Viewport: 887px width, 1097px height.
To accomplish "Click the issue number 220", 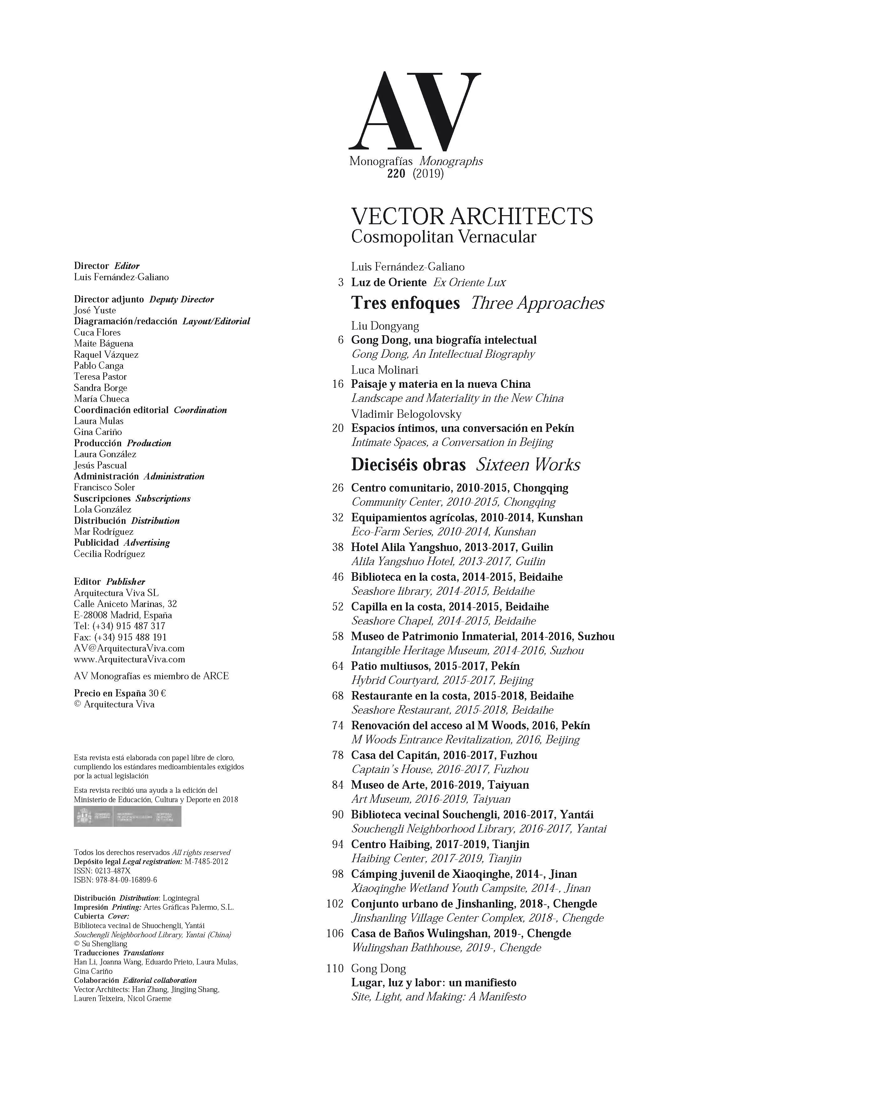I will (x=396, y=174).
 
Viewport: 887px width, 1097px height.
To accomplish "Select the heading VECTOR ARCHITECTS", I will (x=472, y=216).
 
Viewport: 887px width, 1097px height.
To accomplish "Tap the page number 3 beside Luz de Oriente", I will (x=341, y=282).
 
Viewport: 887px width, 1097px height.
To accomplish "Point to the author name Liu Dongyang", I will (x=385, y=326).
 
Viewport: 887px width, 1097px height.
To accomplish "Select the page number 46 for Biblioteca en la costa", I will (x=338, y=577).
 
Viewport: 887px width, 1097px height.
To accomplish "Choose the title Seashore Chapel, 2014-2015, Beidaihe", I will (x=444, y=621).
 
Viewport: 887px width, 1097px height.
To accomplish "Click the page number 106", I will (x=335, y=933).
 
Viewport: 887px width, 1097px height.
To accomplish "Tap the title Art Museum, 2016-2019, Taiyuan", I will (x=431, y=799).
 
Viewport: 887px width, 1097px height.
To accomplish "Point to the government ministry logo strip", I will (x=127, y=816).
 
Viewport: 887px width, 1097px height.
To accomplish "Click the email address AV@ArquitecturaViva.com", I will (x=129, y=648).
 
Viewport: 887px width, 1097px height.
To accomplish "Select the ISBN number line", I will (x=115, y=880).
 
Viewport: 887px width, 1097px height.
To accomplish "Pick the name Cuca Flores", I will (x=97, y=332).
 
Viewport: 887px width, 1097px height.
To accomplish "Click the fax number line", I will (x=120, y=637).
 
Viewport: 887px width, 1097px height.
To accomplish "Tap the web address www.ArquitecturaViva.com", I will (x=129, y=659).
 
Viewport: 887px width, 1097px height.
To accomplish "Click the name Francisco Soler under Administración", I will (x=104, y=487).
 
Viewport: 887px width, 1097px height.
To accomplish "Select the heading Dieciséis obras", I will (x=408, y=465).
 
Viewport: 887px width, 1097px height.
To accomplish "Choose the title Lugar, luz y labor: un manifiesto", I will (x=433, y=983).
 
